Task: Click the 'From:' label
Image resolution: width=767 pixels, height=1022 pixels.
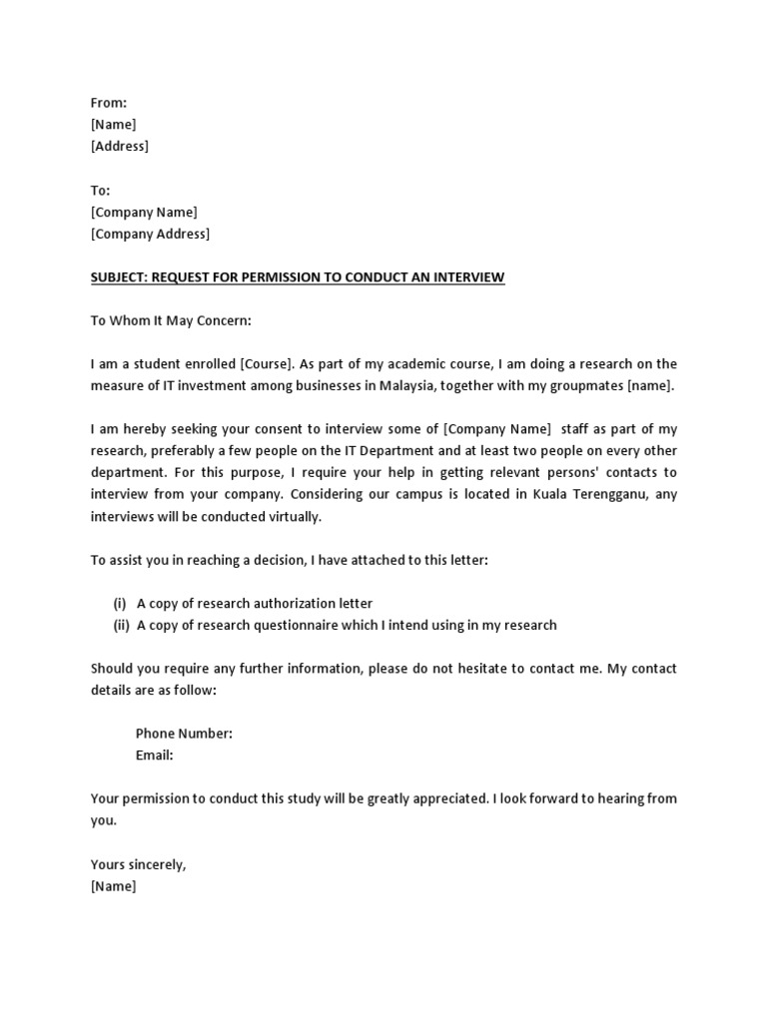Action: [x=109, y=103]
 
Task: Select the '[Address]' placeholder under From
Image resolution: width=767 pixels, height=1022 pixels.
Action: [x=119, y=147]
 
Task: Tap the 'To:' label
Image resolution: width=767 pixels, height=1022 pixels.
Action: [x=101, y=190]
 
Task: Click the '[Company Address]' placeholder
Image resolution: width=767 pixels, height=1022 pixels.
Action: [x=150, y=234]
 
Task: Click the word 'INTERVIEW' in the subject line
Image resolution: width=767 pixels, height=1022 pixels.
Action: [x=468, y=277]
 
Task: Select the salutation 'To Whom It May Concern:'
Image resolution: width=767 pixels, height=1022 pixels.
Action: [x=172, y=320]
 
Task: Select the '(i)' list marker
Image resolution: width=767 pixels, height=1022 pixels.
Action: [x=120, y=604]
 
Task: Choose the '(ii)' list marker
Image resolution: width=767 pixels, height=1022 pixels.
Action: [x=121, y=626]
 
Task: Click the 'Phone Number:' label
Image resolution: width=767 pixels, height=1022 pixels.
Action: [x=184, y=734]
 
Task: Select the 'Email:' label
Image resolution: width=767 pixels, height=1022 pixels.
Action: [x=155, y=756]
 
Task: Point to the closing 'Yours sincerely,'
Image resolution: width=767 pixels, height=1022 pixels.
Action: [x=138, y=864]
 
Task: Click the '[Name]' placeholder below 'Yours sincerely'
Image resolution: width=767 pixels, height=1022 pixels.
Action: [x=113, y=886]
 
